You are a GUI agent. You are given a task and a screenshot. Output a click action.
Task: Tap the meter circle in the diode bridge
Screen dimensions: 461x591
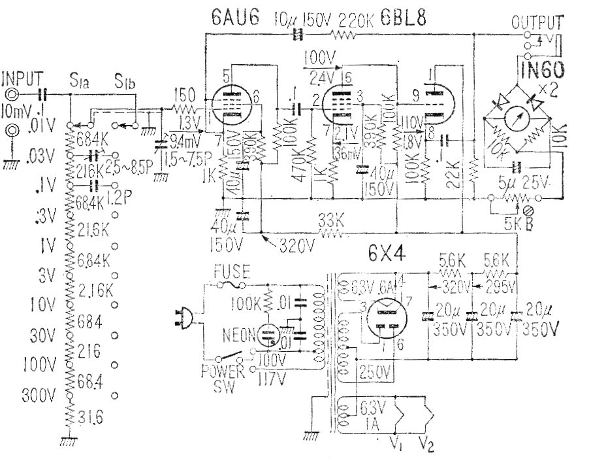[x=516, y=122]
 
